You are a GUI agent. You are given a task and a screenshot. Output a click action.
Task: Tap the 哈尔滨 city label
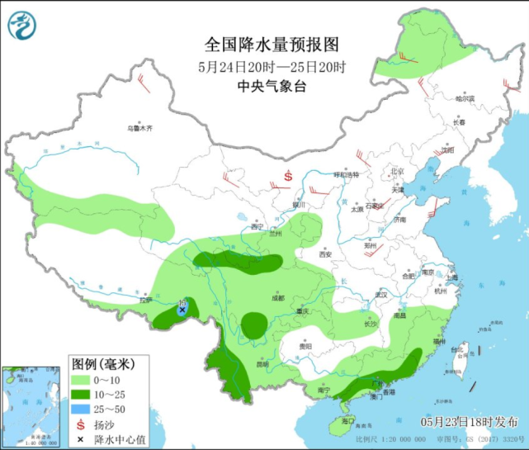coord(466,98)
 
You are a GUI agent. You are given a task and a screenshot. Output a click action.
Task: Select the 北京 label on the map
coord(399,171)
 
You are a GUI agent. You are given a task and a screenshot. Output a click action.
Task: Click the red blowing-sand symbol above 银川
coord(289,176)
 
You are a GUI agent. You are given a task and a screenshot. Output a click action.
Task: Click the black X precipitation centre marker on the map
coord(182,309)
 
